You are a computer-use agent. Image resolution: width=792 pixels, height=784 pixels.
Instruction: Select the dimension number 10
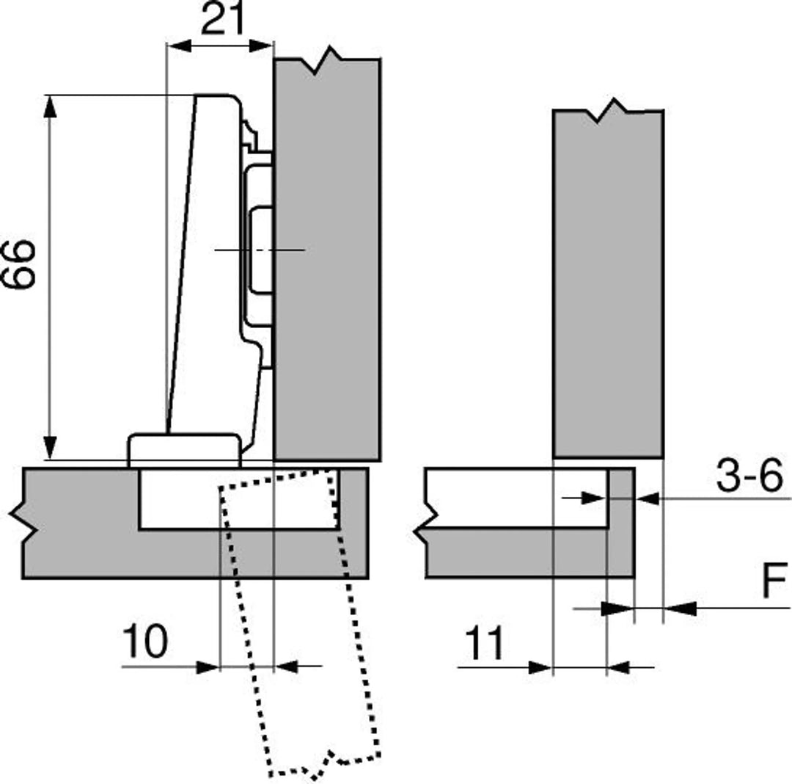(x=144, y=642)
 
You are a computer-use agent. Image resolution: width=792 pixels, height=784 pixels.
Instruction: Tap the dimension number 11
(x=485, y=644)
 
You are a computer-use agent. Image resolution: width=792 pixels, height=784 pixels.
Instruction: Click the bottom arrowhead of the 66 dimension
(x=50, y=448)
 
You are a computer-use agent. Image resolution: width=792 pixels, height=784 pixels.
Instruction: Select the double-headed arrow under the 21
(x=220, y=46)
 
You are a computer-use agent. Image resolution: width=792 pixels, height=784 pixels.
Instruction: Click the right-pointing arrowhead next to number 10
(x=209, y=667)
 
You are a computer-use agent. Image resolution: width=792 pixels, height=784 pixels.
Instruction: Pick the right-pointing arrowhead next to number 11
(x=540, y=667)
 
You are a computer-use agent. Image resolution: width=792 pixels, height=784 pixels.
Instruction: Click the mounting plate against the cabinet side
(x=258, y=250)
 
